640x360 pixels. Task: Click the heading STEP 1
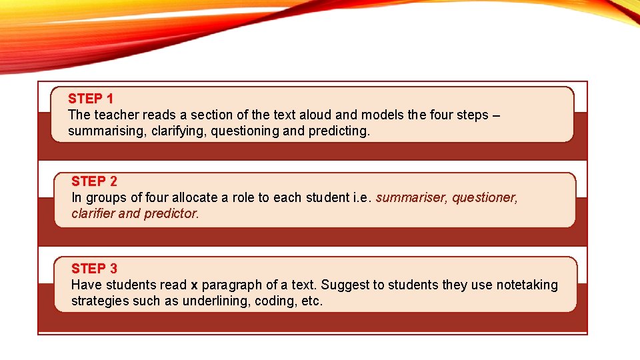91,99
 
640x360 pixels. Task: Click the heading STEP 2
94,181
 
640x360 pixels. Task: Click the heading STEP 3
94,269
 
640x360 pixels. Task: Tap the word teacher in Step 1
114,115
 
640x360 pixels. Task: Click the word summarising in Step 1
106,131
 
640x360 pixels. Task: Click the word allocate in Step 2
195,198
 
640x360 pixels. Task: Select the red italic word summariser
411,198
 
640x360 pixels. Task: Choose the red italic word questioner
485,198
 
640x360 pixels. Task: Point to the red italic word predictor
171,214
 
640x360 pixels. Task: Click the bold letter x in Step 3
194,285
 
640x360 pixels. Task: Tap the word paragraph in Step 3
231,285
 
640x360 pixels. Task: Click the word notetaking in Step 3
526,285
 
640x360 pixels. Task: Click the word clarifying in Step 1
179,131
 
